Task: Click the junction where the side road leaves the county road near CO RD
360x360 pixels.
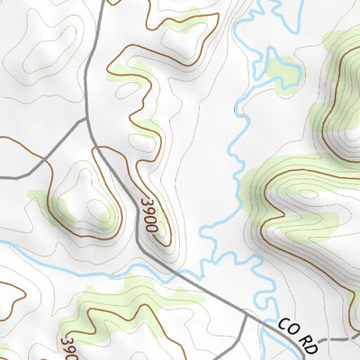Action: coord(246,312)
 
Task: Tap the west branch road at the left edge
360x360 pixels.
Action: coord(3,177)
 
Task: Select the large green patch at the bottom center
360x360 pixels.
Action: coord(135,301)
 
